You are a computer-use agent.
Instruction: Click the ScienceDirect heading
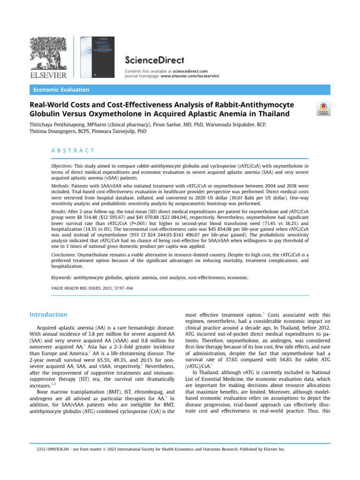pos(154,60)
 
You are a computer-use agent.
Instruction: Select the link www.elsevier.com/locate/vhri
pos(189,75)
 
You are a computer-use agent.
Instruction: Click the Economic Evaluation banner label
pos(60,90)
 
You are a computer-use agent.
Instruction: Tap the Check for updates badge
pos(323,109)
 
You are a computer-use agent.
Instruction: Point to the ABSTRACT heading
pos(73,150)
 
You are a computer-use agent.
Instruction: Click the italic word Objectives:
pos(62,166)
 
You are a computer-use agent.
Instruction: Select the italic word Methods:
pos(60,186)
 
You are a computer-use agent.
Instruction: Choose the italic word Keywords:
pos(61,277)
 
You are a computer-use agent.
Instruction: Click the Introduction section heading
pos(48,315)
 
